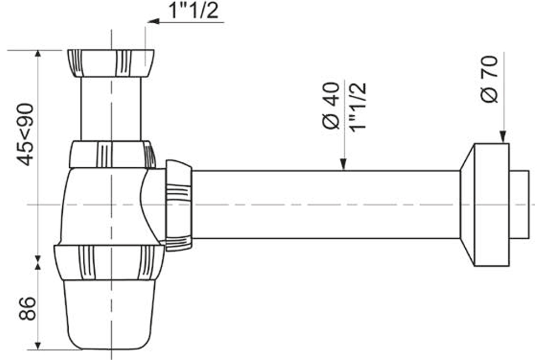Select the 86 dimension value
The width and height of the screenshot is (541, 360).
pyautogui.click(x=27, y=309)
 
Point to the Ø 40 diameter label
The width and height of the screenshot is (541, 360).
pyautogui.click(x=331, y=106)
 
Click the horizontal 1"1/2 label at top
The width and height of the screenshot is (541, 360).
pyautogui.click(x=194, y=10)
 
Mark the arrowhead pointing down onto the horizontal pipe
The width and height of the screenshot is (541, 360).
pyautogui.click(x=342, y=165)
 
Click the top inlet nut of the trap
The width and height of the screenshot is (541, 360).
pyautogui.click(x=111, y=63)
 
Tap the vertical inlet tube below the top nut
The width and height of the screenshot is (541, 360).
pyautogui.click(x=111, y=108)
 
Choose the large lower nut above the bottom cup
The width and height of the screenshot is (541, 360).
pyautogui.click(x=109, y=262)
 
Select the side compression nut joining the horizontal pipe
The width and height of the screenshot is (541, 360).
pyautogui.click(x=179, y=205)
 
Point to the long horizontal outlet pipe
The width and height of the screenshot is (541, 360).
pyautogui.click(x=325, y=205)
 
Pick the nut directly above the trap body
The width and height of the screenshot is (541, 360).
pyautogui.click(x=111, y=154)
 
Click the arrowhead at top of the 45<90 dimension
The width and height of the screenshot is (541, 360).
pyautogui.click(x=37, y=55)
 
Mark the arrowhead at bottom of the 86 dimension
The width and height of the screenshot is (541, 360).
pyautogui.click(x=37, y=345)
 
